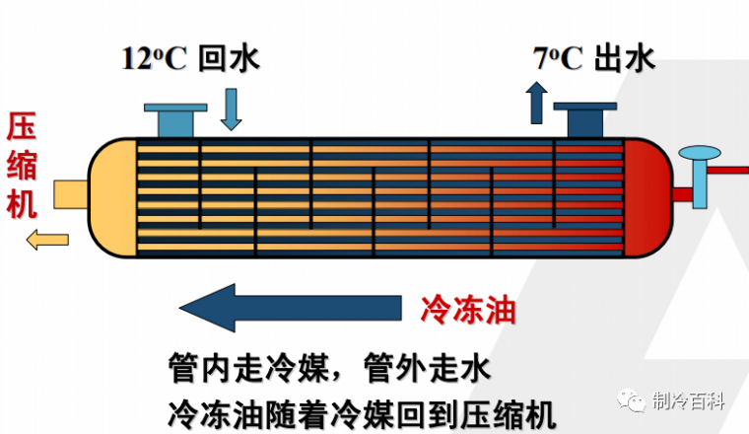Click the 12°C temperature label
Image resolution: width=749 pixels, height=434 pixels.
click(154, 58)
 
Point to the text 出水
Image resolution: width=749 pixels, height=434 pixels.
click(625, 58)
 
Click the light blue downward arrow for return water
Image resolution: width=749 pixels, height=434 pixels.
click(231, 108)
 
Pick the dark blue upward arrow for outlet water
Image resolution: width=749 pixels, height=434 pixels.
click(537, 102)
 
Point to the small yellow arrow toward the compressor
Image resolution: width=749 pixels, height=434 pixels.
click(46, 238)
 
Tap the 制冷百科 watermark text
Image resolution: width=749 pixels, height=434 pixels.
click(689, 400)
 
